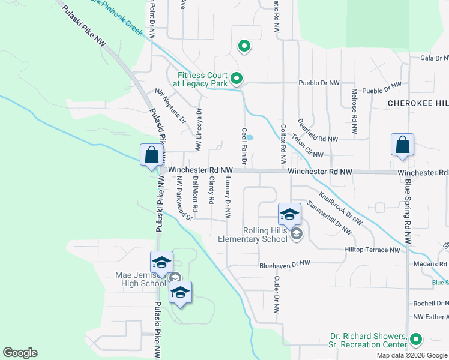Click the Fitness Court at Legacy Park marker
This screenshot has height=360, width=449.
click(237, 79)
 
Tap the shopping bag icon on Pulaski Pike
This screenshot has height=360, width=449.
click(152, 154)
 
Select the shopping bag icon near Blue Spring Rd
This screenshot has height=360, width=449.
click(402, 145)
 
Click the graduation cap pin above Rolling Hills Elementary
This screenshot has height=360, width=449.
click(289, 214)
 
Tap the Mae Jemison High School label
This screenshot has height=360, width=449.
click(140, 280)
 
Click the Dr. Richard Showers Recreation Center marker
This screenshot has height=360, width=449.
click(415, 340)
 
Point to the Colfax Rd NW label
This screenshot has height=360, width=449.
click(283, 145)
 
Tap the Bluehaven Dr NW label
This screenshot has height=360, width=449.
click(285, 264)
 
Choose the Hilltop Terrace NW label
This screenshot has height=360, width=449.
click(372, 250)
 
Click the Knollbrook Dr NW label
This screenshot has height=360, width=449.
click(340, 208)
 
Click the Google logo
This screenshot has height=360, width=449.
click(20, 353)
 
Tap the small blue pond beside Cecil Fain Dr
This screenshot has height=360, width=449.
click(250, 137)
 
